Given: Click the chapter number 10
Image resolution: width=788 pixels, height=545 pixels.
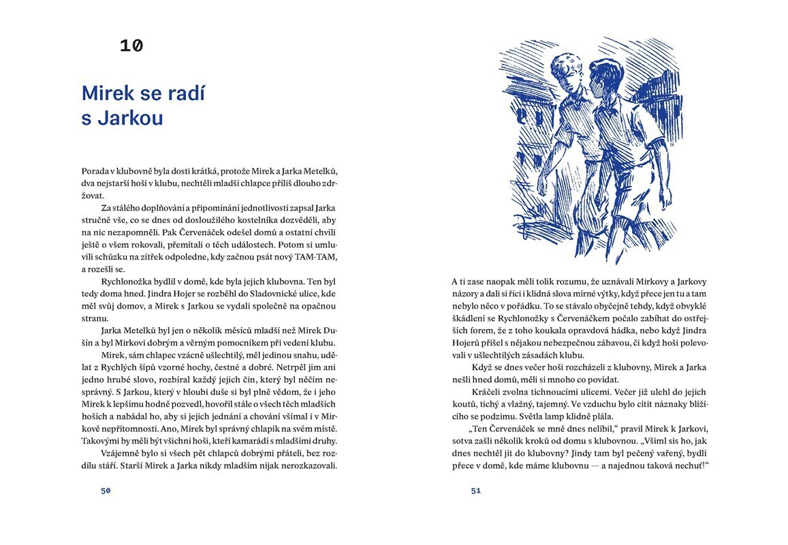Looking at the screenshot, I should pyautogui.click(x=131, y=46).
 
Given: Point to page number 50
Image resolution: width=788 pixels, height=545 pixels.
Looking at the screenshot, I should pyautogui.click(x=106, y=490).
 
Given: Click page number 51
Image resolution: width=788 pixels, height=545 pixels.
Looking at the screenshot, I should pyautogui.click(x=475, y=490).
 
